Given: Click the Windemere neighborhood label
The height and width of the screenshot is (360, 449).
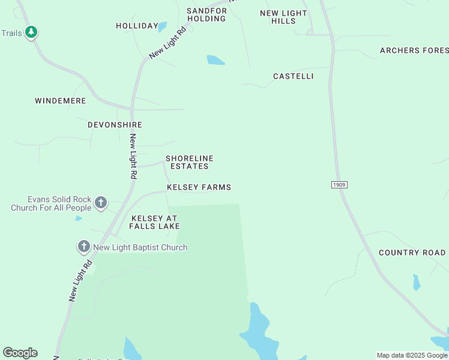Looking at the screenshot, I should pyautogui.click(x=61, y=101).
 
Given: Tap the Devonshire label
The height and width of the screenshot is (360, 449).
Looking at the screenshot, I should pyautogui.click(x=115, y=125).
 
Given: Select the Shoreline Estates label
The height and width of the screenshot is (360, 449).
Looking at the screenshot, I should pyautogui.click(x=189, y=162).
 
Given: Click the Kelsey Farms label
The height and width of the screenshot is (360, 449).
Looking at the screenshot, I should pyautogui.click(x=199, y=187).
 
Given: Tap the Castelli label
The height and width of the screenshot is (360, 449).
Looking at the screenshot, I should pyautogui.click(x=293, y=76).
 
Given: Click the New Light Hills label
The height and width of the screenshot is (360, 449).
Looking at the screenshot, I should pyautogui.click(x=283, y=17).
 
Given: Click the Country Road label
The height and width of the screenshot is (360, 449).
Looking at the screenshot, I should pyautogui.click(x=412, y=253).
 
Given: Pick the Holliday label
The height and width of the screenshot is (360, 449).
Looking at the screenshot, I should pyautogui.click(x=136, y=26).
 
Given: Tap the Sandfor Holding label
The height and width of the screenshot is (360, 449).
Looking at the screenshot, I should pyautogui.click(x=206, y=14).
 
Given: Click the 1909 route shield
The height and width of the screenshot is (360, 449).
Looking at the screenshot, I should pyautogui.click(x=339, y=185).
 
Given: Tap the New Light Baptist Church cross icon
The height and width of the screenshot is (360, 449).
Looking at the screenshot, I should pyautogui.click(x=83, y=247).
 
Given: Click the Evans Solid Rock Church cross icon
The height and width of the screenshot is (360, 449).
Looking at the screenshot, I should pyautogui.click(x=101, y=203).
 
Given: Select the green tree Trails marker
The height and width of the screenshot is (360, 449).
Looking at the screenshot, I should pyautogui.click(x=31, y=32).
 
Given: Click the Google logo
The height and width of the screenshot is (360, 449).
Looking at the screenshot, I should pyautogui.click(x=20, y=353).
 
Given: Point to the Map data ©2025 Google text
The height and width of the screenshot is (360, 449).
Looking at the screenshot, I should pyautogui.click(x=412, y=355).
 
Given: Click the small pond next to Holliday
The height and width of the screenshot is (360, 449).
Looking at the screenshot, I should pyautogui.click(x=162, y=26).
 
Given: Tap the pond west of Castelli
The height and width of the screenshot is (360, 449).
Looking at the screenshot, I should pyautogui.click(x=215, y=60).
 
